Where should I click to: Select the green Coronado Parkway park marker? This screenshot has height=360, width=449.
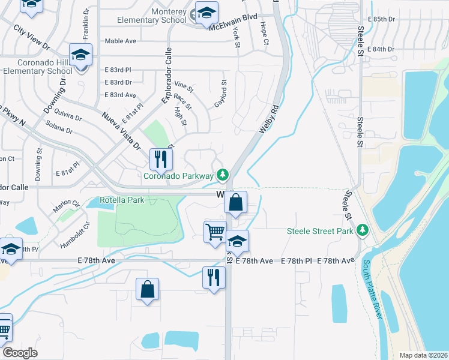[223, 175]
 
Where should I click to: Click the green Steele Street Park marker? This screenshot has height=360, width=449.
[363, 230]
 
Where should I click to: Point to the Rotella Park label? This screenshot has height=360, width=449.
[122, 200]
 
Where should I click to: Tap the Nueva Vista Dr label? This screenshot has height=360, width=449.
[120, 130]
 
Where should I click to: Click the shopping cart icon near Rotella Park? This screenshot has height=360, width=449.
[215, 232]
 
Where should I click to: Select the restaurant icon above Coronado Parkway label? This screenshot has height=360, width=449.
[160, 160]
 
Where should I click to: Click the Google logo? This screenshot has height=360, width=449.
[20, 353]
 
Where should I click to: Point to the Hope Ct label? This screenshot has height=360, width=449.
[264, 34]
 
